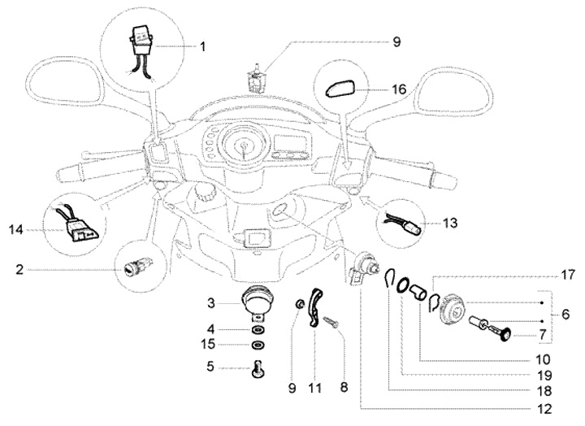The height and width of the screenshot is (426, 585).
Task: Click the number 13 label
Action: [x=449, y=223]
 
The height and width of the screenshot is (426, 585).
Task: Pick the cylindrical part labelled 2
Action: [x=133, y=267]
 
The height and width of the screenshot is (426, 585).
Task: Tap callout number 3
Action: [x=210, y=302]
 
